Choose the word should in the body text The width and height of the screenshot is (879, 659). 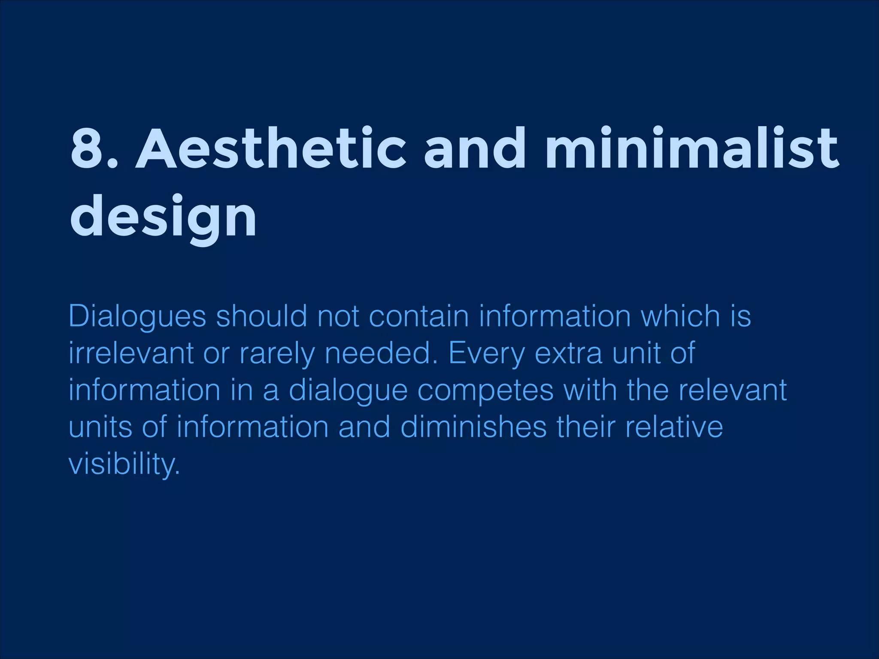[261, 316]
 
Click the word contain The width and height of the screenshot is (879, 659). [418, 316]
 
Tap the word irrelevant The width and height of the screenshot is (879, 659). [131, 354]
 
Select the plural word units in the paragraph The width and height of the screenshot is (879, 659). [100, 427]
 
